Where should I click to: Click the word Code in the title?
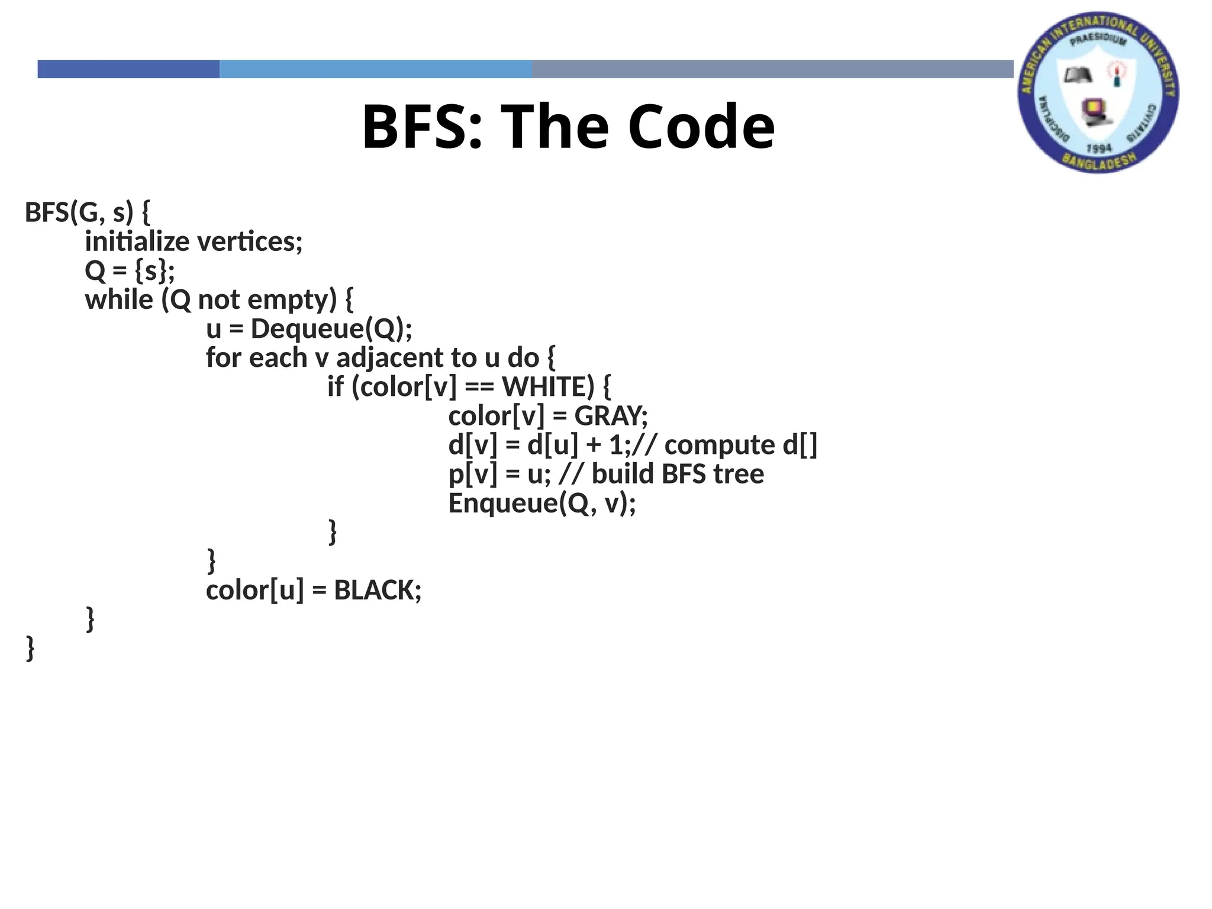(701, 127)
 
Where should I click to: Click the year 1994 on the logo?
(1099, 148)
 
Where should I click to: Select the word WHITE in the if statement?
(547, 387)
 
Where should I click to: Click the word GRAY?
(608, 416)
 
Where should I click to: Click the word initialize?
(137, 242)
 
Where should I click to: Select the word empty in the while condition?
(292, 300)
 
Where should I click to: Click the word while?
(119, 300)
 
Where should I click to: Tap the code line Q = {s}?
(130, 271)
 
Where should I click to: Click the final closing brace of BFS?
(30, 649)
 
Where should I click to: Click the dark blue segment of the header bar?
(128, 69)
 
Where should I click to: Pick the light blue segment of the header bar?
(375, 69)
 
